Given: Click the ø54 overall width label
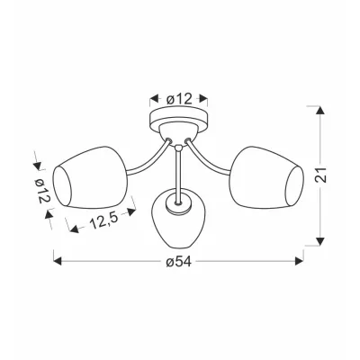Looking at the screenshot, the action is pos(178,262).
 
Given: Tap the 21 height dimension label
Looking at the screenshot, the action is pos(321,174).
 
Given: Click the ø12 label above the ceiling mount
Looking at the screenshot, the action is pos(179,98).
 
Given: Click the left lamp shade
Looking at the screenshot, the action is pos(90,177).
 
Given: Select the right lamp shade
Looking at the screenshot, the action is pos(266,177).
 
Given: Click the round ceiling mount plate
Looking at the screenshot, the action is pos(179,119).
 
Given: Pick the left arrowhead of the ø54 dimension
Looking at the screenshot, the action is pos(57,261).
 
